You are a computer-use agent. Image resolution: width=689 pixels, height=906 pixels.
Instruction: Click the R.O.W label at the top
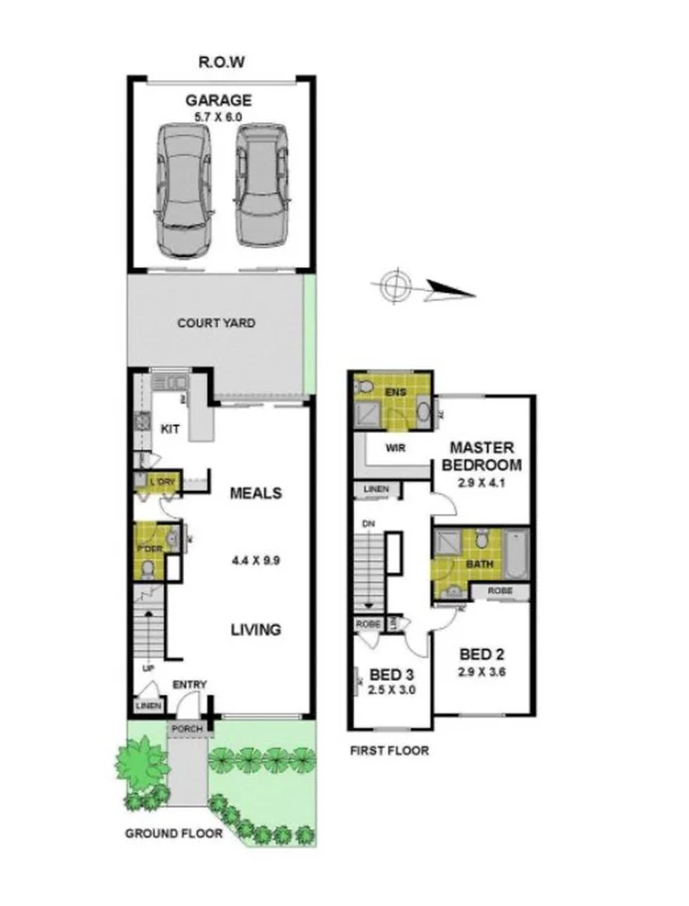pyautogui.click(x=221, y=62)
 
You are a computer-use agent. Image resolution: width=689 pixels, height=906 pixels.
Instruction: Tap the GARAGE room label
pyautogui.click(x=218, y=100)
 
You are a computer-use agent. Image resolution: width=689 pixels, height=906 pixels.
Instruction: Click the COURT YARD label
pyautogui.click(x=216, y=323)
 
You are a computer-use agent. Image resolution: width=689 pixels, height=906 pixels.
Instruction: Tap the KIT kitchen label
pyautogui.click(x=170, y=429)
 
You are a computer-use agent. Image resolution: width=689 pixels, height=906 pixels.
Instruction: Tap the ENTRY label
pyautogui.click(x=189, y=684)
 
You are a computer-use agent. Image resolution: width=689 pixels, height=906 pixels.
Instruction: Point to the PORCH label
pyautogui.click(x=187, y=728)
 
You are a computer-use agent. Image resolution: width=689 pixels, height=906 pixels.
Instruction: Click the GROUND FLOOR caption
pyautogui.click(x=173, y=833)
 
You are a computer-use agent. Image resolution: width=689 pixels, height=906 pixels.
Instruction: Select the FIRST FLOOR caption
pyautogui.click(x=389, y=751)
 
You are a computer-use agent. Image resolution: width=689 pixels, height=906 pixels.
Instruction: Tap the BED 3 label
pyautogui.click(x=390, y=673)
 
